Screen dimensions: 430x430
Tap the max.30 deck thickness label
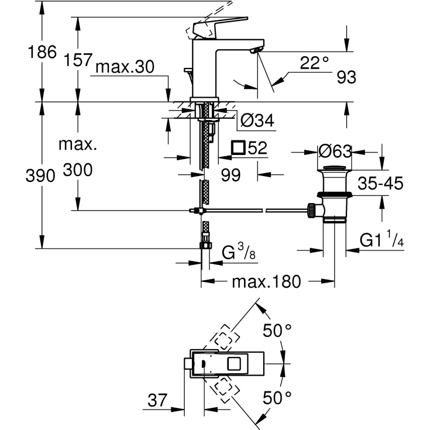[x=125, y=67]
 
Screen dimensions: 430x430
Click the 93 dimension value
[x=346, y=77]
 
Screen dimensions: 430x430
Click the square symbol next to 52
[x=239, y=147]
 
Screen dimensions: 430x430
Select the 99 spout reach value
[x=231, y=175]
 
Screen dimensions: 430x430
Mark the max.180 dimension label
[x=266, y=282]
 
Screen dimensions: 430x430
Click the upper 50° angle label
[x=277, y=331]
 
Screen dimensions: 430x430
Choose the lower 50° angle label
[x=277, y=400]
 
